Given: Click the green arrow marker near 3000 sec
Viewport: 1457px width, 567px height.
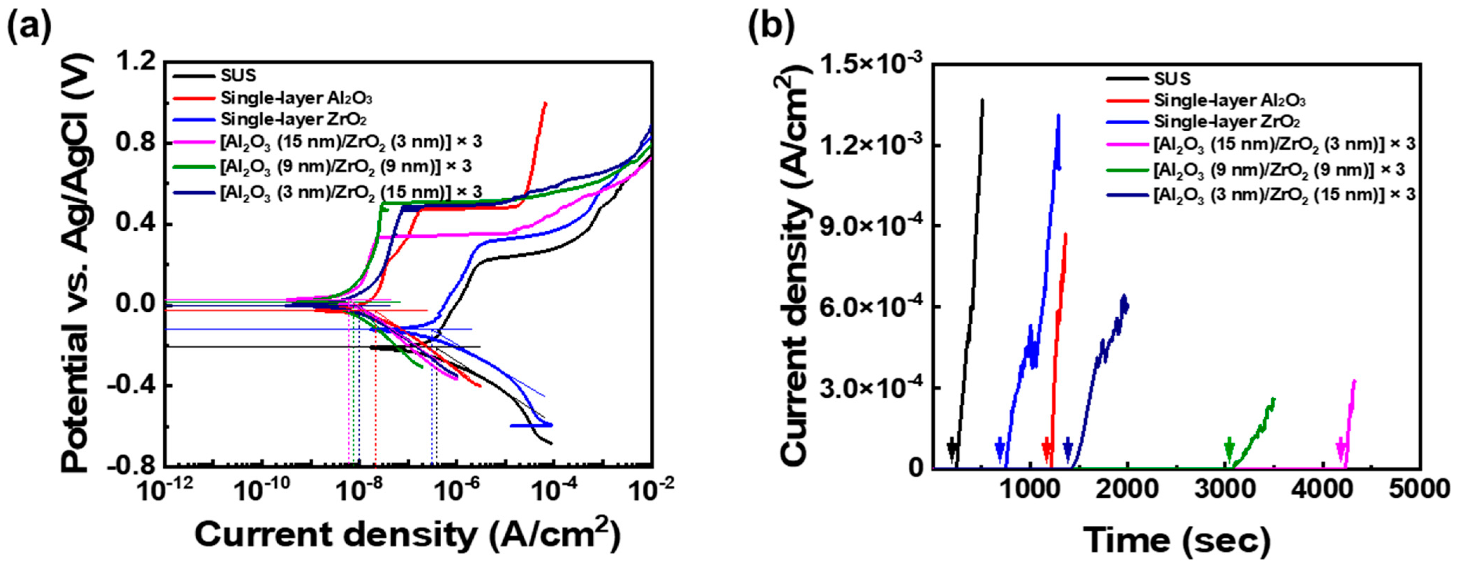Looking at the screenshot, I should pyautogui.click(x=1229, y=449).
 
